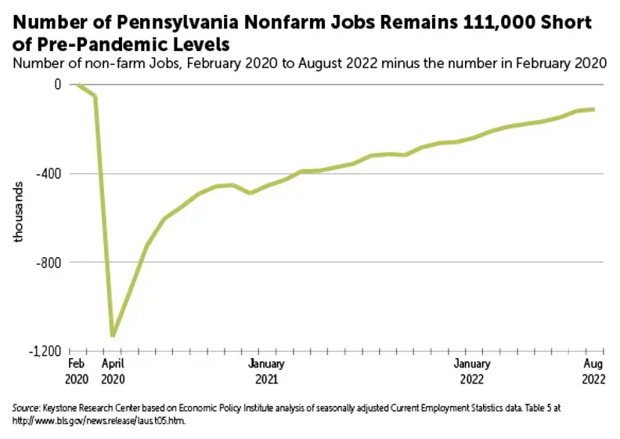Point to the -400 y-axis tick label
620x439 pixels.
[50, 173]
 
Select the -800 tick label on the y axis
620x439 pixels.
[50, 262]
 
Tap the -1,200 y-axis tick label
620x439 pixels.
[47, 351]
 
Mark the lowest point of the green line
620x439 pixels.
[113, 336]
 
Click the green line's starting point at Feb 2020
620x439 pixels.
[77, 84]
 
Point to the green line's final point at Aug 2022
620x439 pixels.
[593, 109]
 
